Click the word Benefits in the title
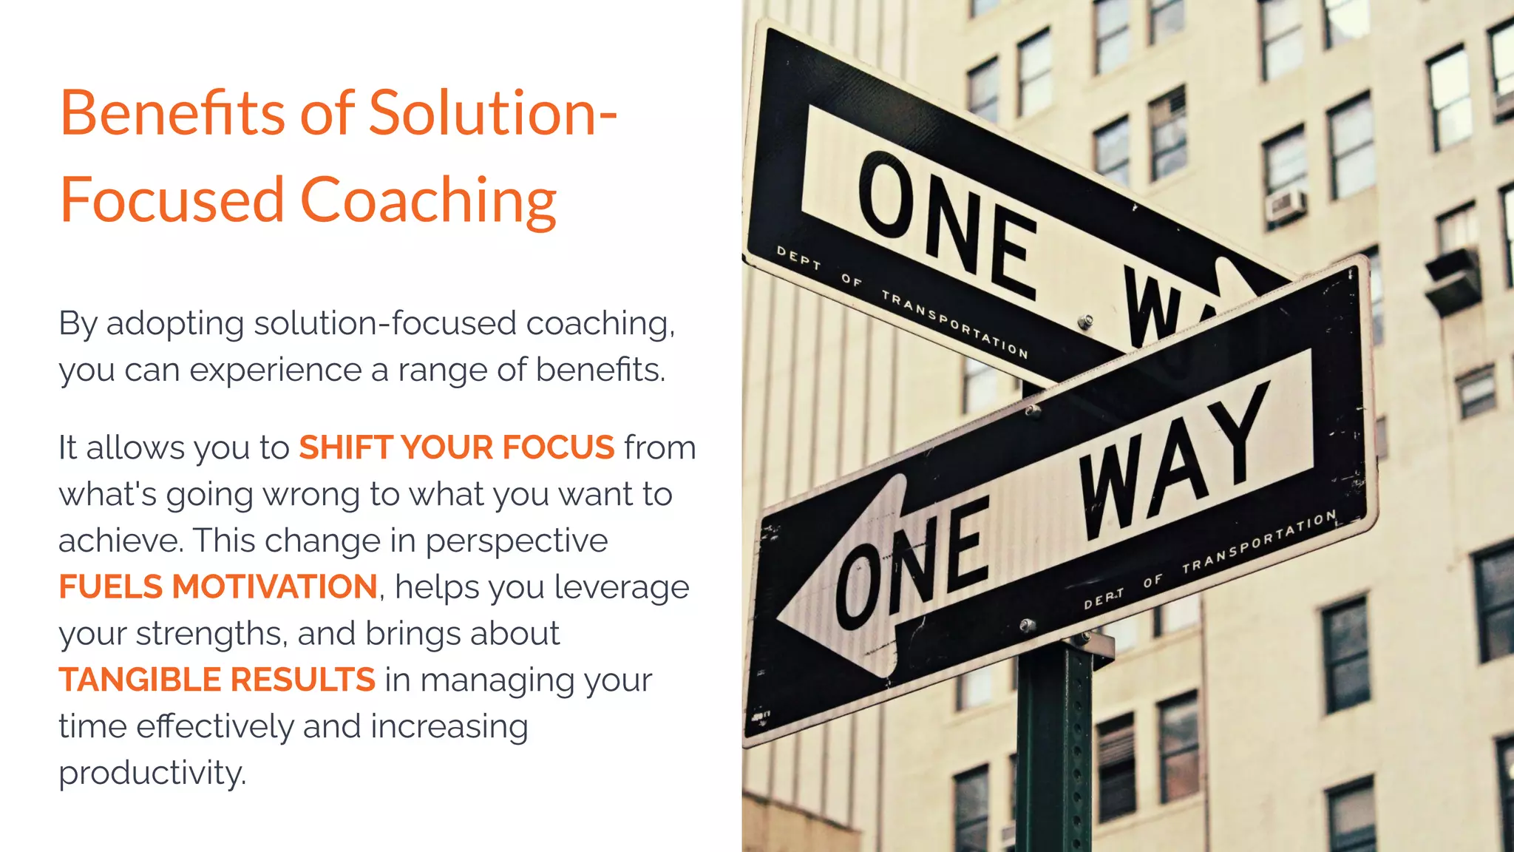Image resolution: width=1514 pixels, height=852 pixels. (172, 113)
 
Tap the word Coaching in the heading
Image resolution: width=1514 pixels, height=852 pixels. (428, 200)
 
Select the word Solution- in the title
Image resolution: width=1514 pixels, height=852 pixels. (492, 113)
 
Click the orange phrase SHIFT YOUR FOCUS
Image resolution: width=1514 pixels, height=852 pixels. (456, 447)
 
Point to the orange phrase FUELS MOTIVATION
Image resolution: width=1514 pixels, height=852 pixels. (218, 586)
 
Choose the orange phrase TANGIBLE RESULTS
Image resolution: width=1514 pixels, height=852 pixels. (217, 680)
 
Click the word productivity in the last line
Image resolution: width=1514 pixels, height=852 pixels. (152, 773)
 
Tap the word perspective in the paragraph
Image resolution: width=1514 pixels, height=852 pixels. (517, 541)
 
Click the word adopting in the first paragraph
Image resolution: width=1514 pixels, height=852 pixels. (175, 324)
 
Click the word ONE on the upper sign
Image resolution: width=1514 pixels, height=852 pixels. (947, 225)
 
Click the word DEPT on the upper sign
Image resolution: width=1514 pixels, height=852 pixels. (798, 258)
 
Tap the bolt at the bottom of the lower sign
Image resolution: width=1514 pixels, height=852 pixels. (1026, 626)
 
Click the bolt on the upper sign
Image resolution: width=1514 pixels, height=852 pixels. (1085, 322)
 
